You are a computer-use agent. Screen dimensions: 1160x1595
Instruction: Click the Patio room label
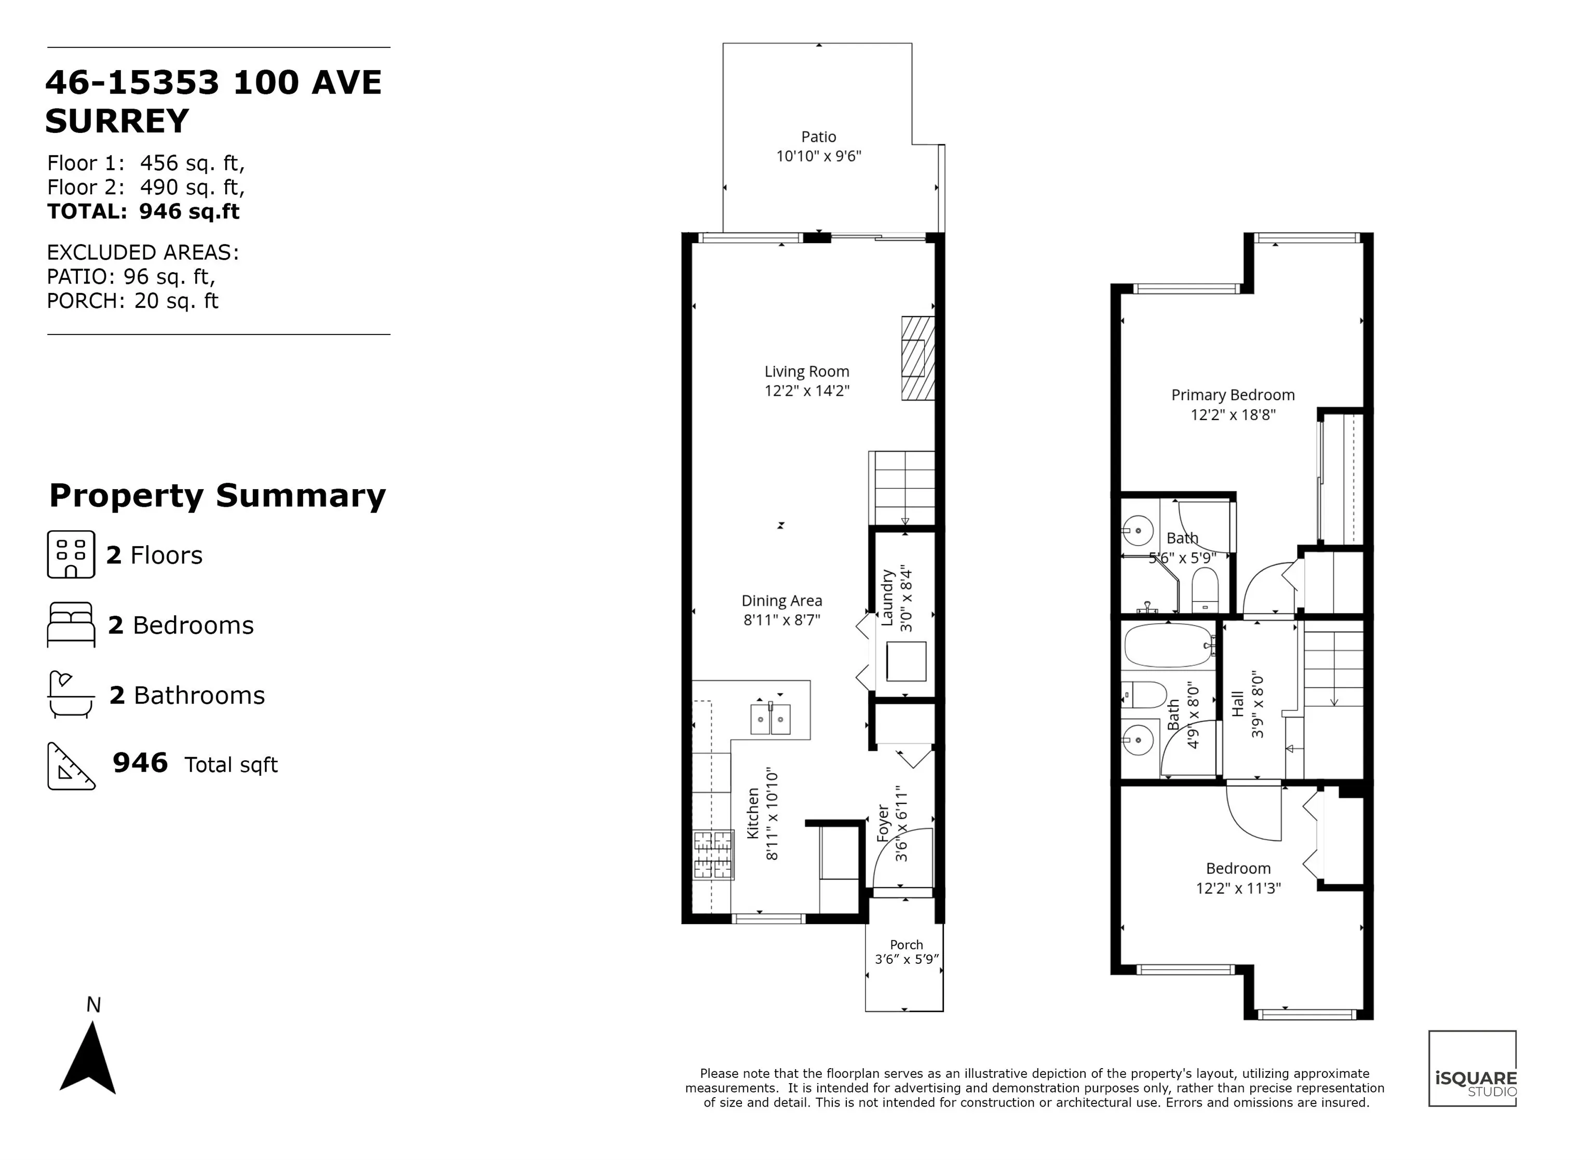click(819, 137)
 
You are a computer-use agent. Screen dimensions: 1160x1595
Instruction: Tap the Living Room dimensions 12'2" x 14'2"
click(807, 391)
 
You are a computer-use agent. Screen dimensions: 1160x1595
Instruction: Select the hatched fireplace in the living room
click(918, 358)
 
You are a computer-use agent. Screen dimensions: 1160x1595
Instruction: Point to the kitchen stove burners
click(712, 855)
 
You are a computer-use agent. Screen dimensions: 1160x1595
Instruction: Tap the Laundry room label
click(887, 598)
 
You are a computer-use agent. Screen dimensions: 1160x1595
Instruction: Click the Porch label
click(906, 945)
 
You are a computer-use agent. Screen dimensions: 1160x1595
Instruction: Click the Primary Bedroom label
click(1232, 395)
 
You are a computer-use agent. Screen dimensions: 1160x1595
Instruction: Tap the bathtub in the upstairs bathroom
click(1168, 645)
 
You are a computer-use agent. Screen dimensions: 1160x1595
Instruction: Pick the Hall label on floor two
click(1238, 704)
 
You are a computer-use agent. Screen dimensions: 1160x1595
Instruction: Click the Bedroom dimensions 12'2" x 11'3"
click(1238, 888)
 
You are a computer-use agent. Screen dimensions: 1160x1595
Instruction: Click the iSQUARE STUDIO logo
click(1471, 1068)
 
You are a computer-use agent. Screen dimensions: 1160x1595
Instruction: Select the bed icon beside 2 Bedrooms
click(70, 624)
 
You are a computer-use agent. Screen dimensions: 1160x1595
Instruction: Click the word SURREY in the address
click(117, 121)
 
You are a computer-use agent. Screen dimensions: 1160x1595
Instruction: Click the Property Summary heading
click(218, 496)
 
